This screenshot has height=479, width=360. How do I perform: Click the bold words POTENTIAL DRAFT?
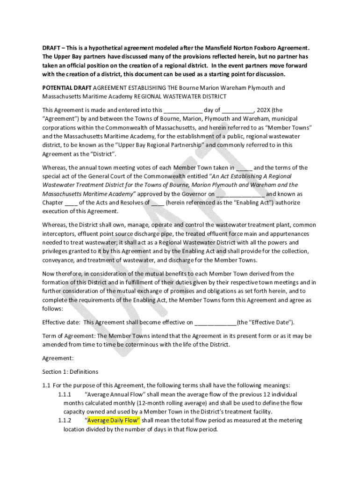click(x=67, y=87)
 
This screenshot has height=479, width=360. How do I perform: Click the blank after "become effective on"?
click(x=215, y=322)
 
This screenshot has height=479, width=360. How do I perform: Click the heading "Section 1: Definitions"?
click(x=70, y=372)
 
